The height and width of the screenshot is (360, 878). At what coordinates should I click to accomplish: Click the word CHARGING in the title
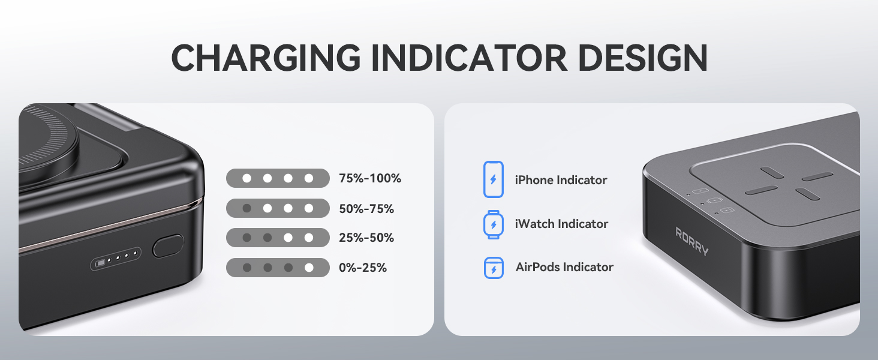tap(266, 58)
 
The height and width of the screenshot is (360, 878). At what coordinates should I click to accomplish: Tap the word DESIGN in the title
tap(641, 58)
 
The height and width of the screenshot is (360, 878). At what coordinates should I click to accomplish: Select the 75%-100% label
tap(369, 178)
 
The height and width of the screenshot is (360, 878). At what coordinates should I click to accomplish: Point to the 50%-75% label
tap(366, 209)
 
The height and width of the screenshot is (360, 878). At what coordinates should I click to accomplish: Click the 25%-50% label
tap(366, 238)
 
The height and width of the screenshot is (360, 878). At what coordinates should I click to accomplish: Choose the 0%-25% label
tap(362, 268)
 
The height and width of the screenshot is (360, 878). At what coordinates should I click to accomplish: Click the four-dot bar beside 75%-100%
tap(278, 178)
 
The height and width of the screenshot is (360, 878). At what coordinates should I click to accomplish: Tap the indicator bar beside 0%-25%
tap(278, 268)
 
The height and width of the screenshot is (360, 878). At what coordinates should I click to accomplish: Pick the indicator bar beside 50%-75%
tap(278, 208)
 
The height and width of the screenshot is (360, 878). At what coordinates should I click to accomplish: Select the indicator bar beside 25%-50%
tap(278, 238)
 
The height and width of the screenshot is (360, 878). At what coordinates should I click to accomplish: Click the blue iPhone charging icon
tap(494, 179)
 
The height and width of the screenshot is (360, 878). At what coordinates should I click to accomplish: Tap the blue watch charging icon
tap(494, 224)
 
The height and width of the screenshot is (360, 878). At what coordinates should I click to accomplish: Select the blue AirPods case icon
tap(494, 268)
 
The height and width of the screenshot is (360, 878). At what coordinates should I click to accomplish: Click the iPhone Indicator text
tap(561, 180)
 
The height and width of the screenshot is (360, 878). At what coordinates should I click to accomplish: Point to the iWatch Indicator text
tap(561, 224)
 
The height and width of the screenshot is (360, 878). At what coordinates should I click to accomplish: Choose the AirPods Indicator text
tap(564, 267)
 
